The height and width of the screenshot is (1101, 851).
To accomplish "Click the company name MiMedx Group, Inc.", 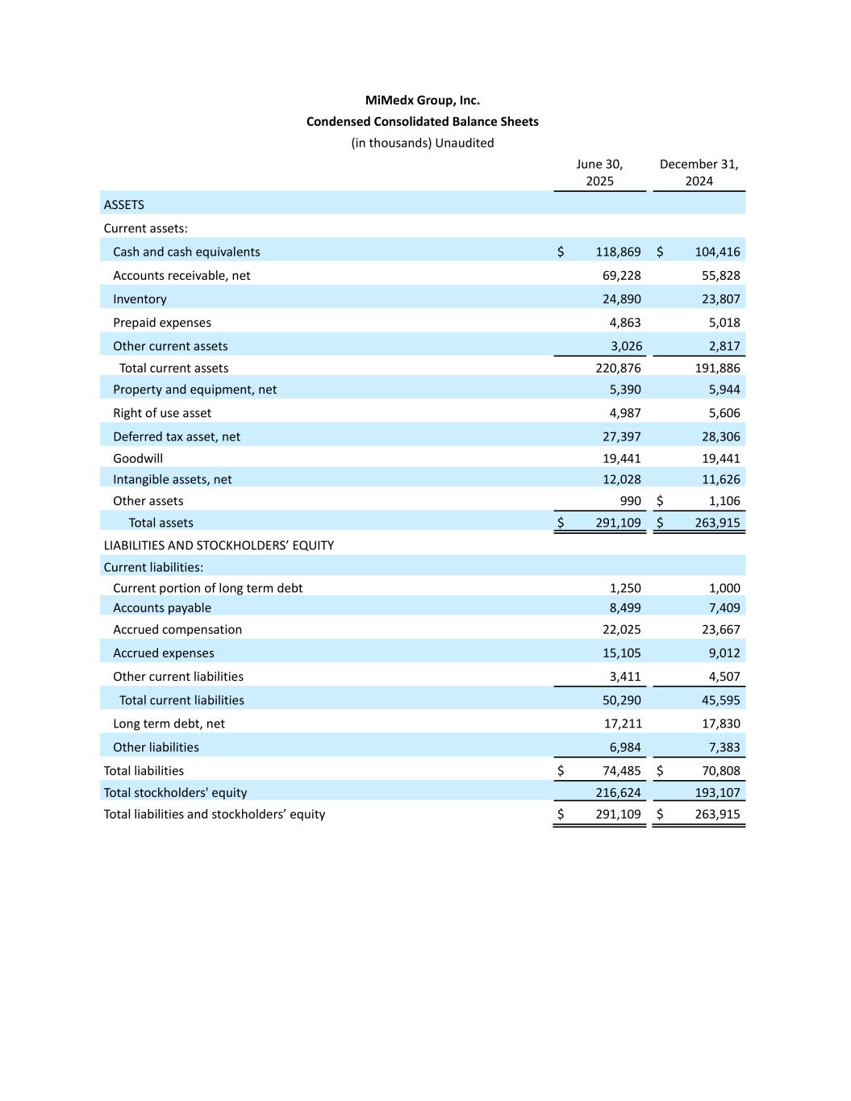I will click(x=422, y=101).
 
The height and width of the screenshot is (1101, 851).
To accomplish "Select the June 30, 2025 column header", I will click(x=599, y=173).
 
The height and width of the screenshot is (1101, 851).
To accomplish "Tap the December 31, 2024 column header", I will click(x=699, y=173).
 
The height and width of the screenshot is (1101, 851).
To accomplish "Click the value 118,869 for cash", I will click(x=618, y=252).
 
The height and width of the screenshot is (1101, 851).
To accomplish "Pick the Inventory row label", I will click(x=140, y=299).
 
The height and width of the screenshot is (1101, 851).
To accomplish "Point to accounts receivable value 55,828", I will click(x=717, y=276).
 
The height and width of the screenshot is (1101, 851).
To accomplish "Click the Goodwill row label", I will click(x=138, y=458).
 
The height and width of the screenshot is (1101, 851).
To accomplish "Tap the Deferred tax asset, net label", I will click(x=177, y=436).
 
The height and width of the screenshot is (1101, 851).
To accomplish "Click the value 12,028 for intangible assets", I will click(x=621, y=479).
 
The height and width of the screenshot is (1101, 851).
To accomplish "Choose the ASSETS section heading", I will click(x=124, y=205).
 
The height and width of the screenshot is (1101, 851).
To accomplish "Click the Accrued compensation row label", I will click(x=177, y=630).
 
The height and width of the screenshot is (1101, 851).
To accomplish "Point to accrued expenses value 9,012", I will click(x=720, y=653).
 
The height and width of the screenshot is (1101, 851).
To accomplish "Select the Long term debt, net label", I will click(x=169, y=724).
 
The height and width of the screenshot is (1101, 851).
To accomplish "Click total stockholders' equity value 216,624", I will click(x=618, y=793).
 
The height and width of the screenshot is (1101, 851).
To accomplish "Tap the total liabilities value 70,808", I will click(x=717, y=771).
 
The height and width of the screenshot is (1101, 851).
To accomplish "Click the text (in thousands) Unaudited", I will click(x=422, y=143).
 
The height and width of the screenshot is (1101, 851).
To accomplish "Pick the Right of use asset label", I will click(x=162, y=413).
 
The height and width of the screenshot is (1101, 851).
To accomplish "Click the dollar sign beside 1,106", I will click(x=660, y=501).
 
